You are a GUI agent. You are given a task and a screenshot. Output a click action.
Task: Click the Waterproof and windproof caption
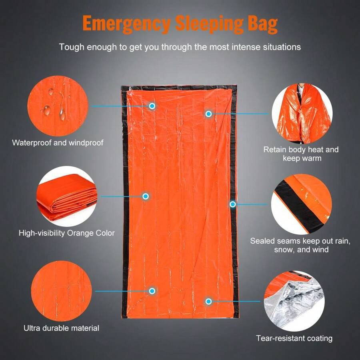58,142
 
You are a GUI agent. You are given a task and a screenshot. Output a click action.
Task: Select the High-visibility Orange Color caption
67,233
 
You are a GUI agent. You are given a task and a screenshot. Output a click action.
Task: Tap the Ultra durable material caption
61,328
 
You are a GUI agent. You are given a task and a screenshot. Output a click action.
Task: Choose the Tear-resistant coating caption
294,338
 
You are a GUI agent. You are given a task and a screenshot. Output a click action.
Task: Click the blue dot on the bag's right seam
233,204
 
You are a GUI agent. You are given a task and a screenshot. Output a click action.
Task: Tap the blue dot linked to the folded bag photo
146,196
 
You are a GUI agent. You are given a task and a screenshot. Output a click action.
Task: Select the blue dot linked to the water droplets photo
152,106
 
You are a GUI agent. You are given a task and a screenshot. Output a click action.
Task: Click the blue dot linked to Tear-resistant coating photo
208,301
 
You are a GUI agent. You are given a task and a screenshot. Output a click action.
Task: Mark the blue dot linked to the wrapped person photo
208,114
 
